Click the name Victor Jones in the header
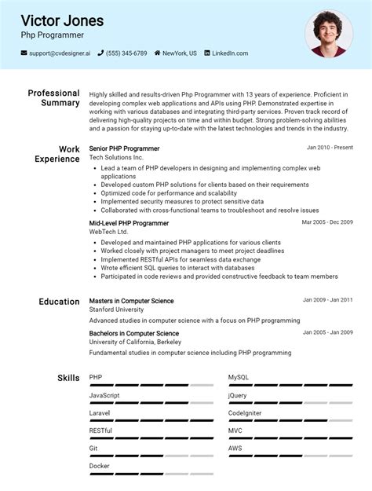[x=62, y=20]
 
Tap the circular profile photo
[x=329, y=34]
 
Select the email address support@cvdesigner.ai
[x=60, y=53]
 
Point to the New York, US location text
[x=180, y=53]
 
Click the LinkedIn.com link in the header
[x=230, y=53]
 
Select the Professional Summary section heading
[x=53, y=98]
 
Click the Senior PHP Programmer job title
[x=124, y=148]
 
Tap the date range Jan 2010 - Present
[x=330, y=148]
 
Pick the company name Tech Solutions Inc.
[x=116, y=158]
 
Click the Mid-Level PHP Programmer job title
[x=129, y=223]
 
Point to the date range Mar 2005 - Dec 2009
[x=327, y=222]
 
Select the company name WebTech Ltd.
[x=108, y=233]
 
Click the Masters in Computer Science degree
[x=131, y=301]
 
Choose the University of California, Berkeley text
[x=135, y=343]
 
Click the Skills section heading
[x=68, y=378]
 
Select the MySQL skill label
[x=238, y=378]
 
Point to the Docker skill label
[x=99, y=466]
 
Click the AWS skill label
[x=235, y=449]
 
